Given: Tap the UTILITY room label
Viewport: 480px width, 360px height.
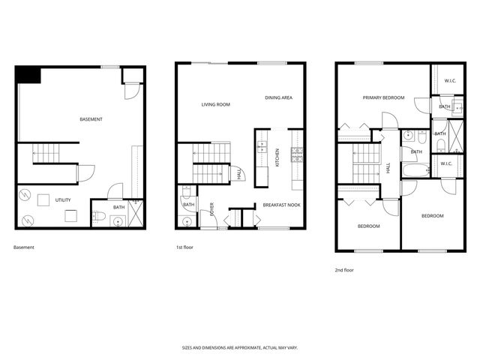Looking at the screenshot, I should [x=63, y=200].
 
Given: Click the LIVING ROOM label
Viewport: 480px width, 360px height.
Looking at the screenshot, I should [x=215, y=104].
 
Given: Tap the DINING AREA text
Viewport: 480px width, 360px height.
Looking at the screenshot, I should [x=278, y=97].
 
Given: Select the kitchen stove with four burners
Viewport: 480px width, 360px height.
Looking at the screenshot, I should [x=297, y=154].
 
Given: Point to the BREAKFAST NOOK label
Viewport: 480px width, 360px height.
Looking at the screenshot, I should [x=281, y=205].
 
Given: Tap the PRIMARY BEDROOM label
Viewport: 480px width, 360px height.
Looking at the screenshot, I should [x=383, y=97].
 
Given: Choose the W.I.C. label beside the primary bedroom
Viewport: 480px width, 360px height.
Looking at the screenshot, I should [x=450, y=80].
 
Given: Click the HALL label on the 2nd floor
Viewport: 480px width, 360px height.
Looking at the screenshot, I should [x=388, y=168].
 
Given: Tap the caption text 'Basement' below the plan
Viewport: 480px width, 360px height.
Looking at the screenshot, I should [x=24, y=247].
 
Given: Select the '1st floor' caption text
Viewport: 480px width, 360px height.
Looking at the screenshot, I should [x=184, y=247].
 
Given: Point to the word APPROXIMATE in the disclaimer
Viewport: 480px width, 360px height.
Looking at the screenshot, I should [x=248, y=348].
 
